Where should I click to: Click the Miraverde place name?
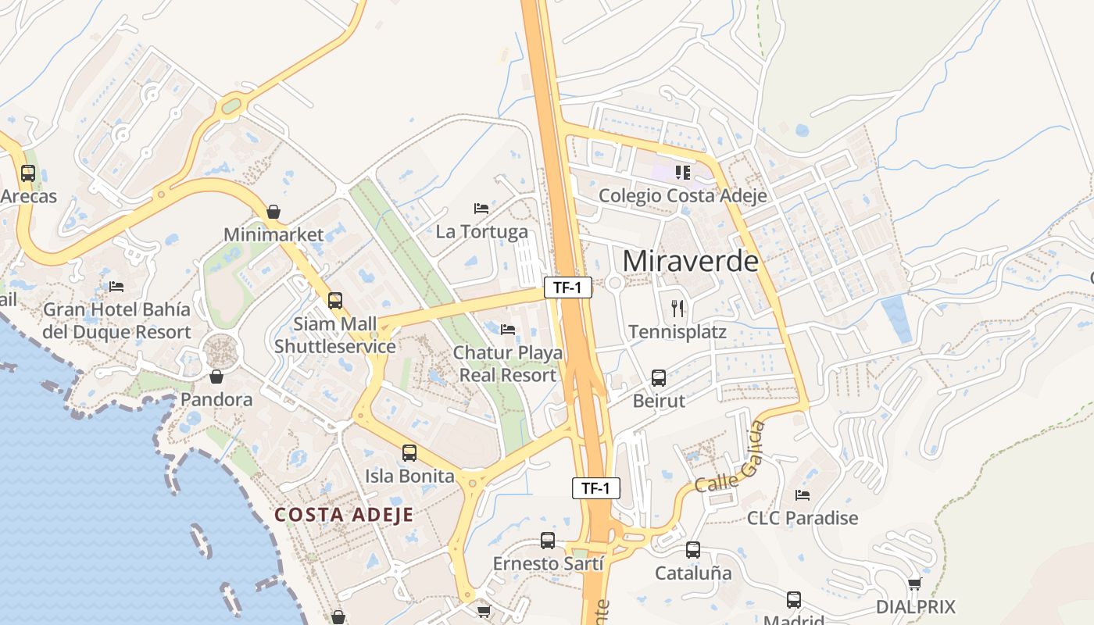point(691,261)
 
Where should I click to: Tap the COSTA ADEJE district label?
point(344,515)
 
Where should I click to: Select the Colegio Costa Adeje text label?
point(682,195)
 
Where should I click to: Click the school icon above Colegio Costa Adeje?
point(683,172)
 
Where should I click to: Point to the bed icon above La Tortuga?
point(481,209)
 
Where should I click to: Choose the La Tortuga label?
point(481,232)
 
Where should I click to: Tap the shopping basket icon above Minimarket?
point(273,212)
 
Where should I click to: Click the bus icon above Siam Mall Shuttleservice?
point(335,300)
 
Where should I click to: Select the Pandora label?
point(216,400)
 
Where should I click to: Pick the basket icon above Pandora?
point(216,377)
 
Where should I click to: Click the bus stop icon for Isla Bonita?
point(409,452)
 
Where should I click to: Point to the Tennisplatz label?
point(677,332)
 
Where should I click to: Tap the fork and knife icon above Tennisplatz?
point(677,309)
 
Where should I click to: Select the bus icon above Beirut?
point(659,378)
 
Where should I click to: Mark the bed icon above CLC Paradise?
point(803,495)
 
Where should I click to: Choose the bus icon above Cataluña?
point(693,550)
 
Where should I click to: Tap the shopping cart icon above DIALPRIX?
point(915,584)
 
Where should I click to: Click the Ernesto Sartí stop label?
point(548,563)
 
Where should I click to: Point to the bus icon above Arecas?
point(28,173)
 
